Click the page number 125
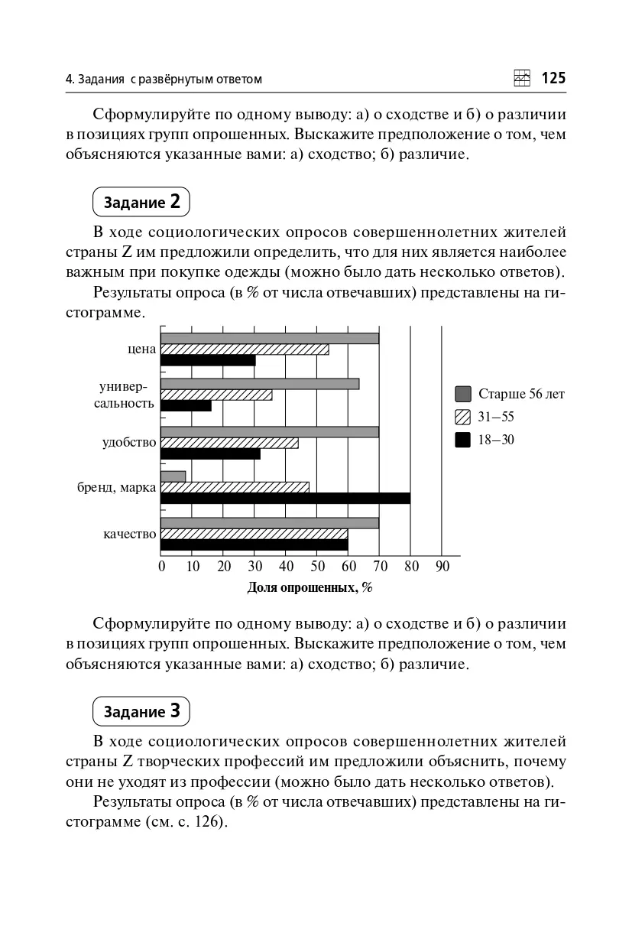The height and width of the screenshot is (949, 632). pyautogui.click(x=553, y=78)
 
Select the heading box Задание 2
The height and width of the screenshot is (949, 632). pyautogui.click(x=141, y=202)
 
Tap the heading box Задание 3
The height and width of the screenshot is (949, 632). pyautogui.click(x=141, y=711)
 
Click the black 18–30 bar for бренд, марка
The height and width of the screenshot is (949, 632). pyautogui.click(x=285, y=499)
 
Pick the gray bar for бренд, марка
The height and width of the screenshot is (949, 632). pyautogui.click(x=173, y=476)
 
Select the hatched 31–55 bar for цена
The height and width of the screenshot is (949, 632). pyautogui.click(x=245, y=349)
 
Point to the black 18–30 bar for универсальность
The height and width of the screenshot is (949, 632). pyautogui.click(x=186, y=406)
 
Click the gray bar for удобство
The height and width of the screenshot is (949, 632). pyautogui.click(x=270, y=432)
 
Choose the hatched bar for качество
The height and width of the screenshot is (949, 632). pyautogui.click(x=254, y=534)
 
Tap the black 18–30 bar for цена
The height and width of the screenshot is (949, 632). pyautogui.click(x=208, y=360)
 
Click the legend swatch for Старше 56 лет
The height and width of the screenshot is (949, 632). pyautogui.click(x=462, y=394)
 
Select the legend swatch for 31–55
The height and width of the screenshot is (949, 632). pyautogui.click(x=462, y=417)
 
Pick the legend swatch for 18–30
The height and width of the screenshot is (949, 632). pyautogui.click(x=462, y=440)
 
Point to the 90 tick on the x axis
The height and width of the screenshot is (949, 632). pyautogui.click(x=442, y=567)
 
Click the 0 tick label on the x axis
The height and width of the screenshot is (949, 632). pyautogui.click(x=162, y=567)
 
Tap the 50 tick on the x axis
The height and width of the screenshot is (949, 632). pyautogui.click(x=318, y=567)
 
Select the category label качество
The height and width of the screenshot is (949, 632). pyautogui.click(x=130, y=534)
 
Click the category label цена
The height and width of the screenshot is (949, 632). pyautogui.click(x=142, y=349)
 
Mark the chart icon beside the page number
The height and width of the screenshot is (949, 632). pyautogui.click(x=522, y=78)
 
